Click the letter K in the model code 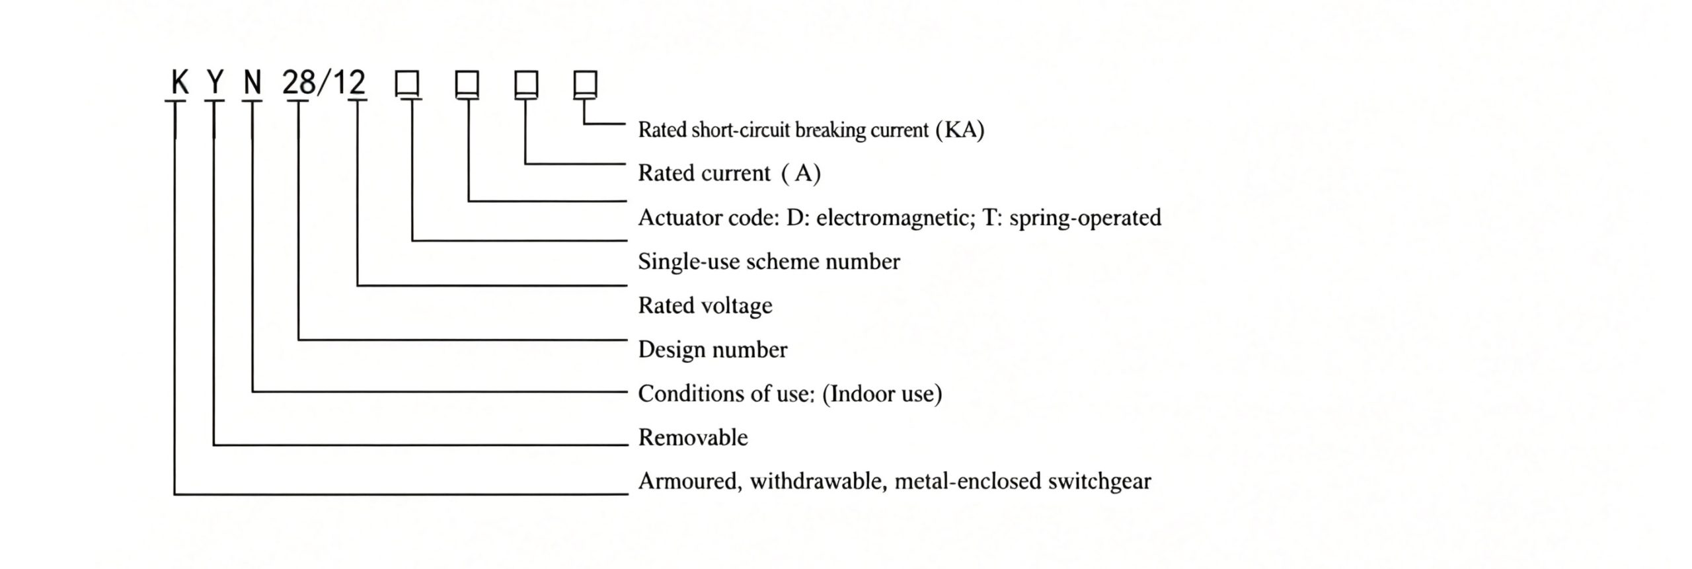click(180, 83)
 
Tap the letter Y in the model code click(215, 83)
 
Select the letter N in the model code click(252, 83)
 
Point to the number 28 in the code click(299, 83)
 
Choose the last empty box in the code click(586, 84)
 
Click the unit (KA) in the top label click(960, 130)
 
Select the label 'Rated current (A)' click(729, 173)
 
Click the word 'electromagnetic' click(896, 217)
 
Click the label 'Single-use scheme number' click(769, 262)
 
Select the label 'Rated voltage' click(705, 306)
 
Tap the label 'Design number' click(712, 350)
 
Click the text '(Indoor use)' click(882, 394)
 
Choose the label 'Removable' click(693, 437)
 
